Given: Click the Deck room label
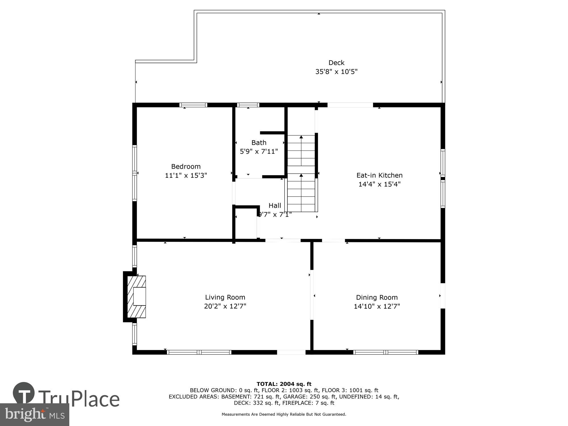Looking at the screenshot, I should [x=336, y=63].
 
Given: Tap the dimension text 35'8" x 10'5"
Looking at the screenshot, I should [x=336, y=72].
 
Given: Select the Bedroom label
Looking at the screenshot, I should [x=186, y=166].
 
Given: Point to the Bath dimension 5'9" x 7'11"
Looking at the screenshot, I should [x=259, y=151].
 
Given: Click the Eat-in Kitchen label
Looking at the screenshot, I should [x=379, y=175].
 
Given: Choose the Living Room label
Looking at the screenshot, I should [x=225, y=297].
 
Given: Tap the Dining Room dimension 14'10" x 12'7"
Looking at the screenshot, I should [x=377, y=306].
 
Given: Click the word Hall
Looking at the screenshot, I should [x=275, y=205].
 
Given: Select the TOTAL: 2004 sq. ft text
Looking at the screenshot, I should [x=284, y=384].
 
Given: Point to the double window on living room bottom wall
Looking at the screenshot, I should [x=199, y=352].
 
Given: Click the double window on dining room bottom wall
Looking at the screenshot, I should [x=386, y=352].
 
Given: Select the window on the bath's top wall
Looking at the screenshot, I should [x=248, y=105].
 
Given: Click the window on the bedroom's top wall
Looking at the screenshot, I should [x=193, y=105].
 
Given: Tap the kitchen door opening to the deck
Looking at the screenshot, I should [x=350, y=105].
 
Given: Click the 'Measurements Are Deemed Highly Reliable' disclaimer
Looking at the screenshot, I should [x=284, y=414].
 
